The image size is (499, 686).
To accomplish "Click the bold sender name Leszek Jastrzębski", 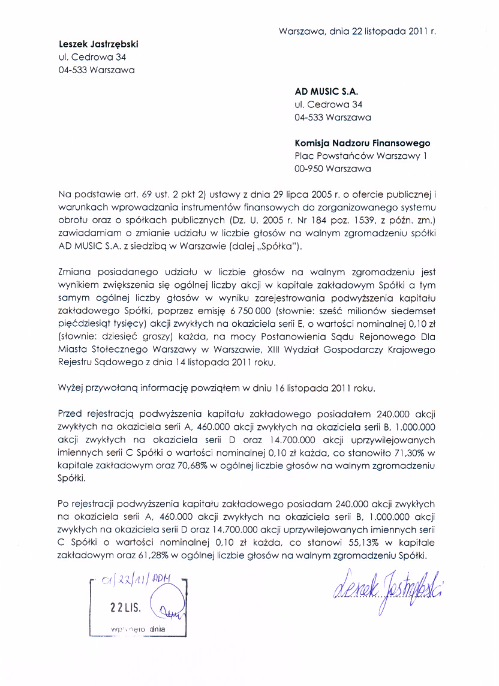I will click(x=102, y=44).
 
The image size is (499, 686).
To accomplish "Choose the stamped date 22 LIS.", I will click(x=125, y=606).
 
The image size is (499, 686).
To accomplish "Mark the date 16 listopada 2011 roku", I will click(x=321, y=388).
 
